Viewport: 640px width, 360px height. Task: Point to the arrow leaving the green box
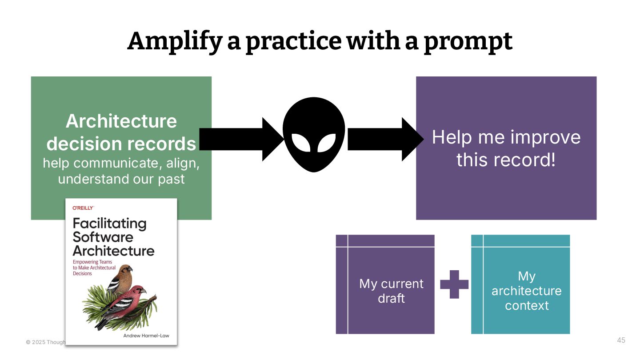point(240,139)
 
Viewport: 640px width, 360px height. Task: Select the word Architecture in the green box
point(121,121)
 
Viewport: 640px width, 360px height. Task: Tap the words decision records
point(121,144)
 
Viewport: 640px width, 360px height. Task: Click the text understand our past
point(121,179)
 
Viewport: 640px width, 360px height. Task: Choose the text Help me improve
point(506,137)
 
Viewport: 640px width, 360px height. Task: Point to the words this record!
point(506,159)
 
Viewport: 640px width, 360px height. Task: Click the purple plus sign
point(454,284)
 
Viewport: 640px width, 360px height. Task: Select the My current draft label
point(391,291)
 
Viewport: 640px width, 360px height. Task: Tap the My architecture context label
point(527,291)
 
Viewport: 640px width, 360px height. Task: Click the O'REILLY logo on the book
point(83,208)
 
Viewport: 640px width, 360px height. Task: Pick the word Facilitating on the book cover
point(109,223)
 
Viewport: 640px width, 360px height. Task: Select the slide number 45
point(621,340)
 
